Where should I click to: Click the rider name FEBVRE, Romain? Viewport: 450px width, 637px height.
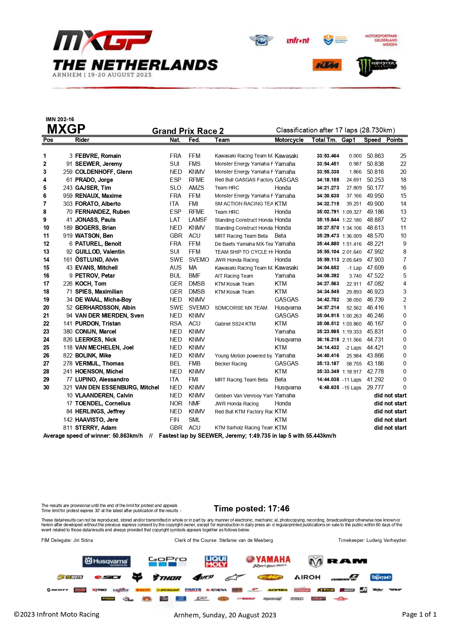[98, 156]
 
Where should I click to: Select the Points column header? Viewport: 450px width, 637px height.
[394, 140]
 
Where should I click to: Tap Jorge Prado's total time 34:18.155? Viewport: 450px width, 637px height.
[328, 180]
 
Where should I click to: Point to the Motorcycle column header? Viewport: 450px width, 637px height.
[289, 140]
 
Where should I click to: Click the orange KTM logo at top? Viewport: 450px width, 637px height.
[327, 65]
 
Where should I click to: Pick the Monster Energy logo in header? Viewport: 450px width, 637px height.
[376, 66]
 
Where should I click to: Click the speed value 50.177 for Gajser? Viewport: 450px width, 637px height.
[375, 188]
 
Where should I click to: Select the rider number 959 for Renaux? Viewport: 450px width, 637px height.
[68, 196]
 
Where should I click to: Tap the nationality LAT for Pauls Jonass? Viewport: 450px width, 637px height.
[175, 220]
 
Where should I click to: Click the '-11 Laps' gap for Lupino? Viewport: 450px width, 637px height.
[352, 380]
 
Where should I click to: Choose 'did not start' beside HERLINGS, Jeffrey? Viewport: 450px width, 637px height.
[390, 411]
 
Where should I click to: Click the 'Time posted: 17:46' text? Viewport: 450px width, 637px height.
[251, 509]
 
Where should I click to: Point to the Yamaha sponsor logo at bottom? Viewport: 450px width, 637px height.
[268, 561]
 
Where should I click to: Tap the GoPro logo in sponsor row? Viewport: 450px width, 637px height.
[167, 562]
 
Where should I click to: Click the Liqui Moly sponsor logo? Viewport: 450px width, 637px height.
[216, 562]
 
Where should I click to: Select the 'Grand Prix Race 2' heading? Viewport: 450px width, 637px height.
[188, 131]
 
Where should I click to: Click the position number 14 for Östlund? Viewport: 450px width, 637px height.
[46, 260]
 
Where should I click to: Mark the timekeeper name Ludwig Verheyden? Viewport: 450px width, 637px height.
[386, 540]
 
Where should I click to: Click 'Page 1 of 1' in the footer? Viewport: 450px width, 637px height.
[419, 614]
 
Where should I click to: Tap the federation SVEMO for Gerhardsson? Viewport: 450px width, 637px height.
[199, 307]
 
